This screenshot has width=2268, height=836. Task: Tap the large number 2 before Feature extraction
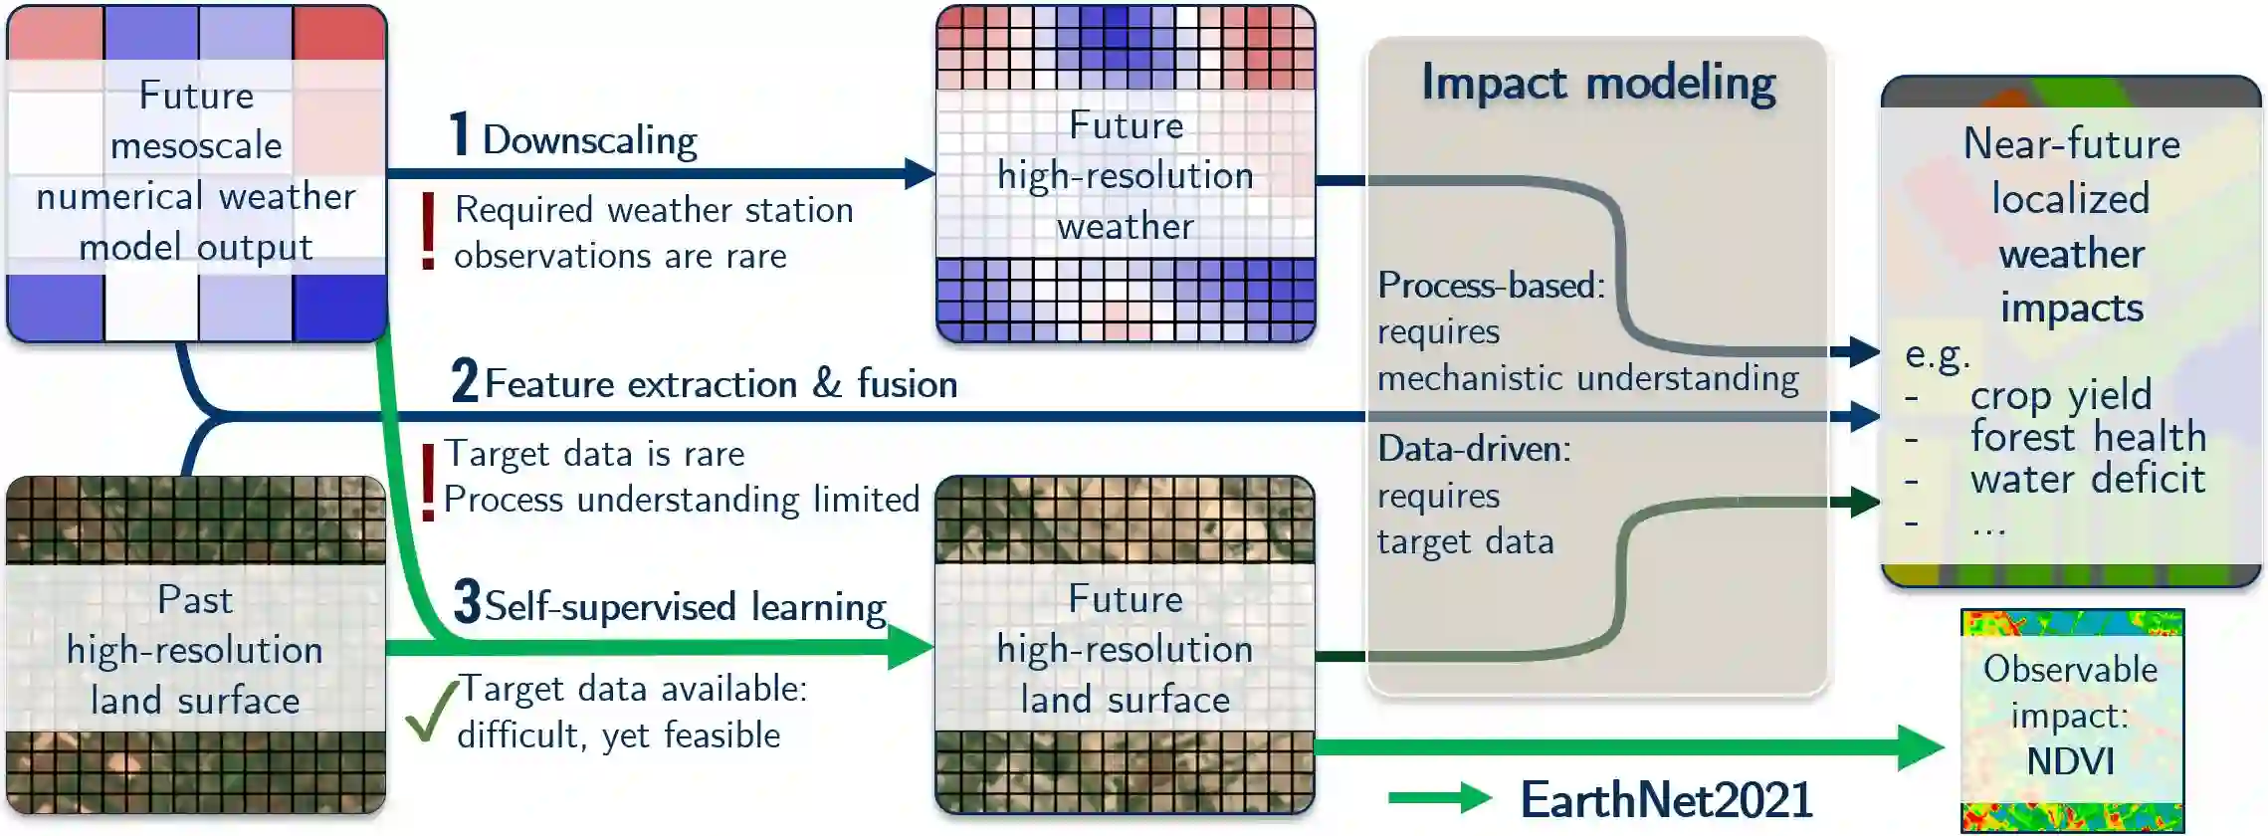pyautogui.click(x=464, y=380)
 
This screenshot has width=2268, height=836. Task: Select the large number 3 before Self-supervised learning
pyautogui.click(x=467, y=602)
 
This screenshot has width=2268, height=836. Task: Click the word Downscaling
pyautogui.click(x=589, y=140)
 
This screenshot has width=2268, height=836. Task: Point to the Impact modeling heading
pyautogui.click(x=1598, y=83)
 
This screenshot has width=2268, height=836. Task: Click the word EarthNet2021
pyautogui.click(x=1667, y=799)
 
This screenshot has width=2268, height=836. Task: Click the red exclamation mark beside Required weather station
pyautogui.click(x=428, y=231)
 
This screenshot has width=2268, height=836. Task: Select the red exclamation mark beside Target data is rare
pyautogui.click(x=428, y=482)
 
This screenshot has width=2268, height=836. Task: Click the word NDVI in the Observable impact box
pyautogui.click(x=2070, y=761)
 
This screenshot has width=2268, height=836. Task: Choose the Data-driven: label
pyautogui.click(x=1474, y=449)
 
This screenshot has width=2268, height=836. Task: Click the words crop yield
pyautogui.click(x=2060, y=395)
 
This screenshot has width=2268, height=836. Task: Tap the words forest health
pyautogui.click(x=2088, y=437)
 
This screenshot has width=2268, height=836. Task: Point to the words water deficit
pyautogui.click(x=2087, y=479)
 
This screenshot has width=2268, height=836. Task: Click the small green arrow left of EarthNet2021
pyautogui.click(x=1439, y=797)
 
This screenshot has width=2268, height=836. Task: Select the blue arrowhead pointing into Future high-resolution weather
pyautogui.click(x=920, y=173)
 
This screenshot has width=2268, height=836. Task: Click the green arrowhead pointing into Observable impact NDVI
pyautogui.click(x=1921, y=747)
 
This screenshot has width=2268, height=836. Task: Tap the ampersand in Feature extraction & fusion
pyautogui.click(x=827, y=383)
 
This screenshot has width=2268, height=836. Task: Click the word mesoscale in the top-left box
pyautogui.click(x=196, y=146)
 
